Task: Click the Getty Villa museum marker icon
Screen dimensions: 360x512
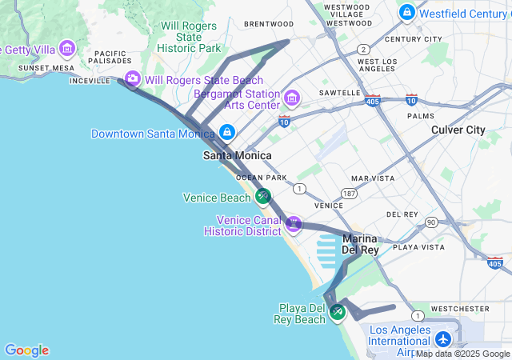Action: (66, 50)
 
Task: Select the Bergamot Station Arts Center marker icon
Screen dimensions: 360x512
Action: (292, 98)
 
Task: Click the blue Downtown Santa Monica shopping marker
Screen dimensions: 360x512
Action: (227, 132)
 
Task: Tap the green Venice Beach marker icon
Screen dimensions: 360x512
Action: (262, 196)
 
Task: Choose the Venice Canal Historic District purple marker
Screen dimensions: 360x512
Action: (293, 223)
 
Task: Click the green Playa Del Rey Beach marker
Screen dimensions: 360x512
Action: (337, 312)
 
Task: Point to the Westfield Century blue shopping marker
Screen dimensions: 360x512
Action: (407, 13)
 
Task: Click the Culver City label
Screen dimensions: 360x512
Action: (458, 130)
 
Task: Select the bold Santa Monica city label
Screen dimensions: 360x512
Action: (237, 155)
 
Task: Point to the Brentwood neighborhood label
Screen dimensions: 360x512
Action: (268, 24)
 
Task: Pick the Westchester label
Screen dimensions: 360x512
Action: (459, 308)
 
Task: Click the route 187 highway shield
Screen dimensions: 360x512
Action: (349, 194)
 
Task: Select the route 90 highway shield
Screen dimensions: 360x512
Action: (431, 222)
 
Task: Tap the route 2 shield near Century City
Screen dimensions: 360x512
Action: (363, 49)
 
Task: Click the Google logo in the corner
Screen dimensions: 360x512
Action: (26, 350)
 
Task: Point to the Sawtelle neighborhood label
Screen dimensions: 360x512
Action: (340, 93)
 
